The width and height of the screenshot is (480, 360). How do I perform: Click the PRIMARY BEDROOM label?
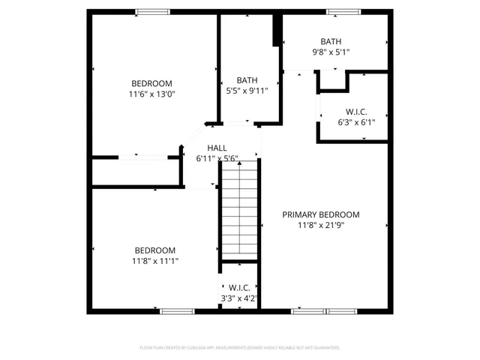320,214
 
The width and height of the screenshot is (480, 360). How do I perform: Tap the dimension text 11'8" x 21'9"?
320,225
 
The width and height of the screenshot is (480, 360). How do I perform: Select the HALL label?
217,148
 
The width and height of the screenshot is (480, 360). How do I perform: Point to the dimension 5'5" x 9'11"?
247,90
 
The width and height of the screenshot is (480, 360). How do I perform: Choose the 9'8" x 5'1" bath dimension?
331,52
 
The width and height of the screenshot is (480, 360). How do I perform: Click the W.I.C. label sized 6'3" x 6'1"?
335,111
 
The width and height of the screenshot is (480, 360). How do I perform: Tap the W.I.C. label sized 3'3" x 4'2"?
239,288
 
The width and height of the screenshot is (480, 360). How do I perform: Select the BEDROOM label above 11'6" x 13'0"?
151,83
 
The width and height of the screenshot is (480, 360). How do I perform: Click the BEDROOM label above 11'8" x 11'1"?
155,250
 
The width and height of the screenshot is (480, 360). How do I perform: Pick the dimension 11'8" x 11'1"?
155,261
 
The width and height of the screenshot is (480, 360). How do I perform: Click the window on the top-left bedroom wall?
152,11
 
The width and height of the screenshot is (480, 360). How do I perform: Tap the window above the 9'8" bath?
343,11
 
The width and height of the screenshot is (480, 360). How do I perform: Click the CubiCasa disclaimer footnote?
240,348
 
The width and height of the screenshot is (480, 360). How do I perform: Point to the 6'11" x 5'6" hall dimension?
217,159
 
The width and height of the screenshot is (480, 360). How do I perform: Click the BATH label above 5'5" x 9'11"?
247,79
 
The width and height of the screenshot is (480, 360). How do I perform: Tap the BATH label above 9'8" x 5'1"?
331,42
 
